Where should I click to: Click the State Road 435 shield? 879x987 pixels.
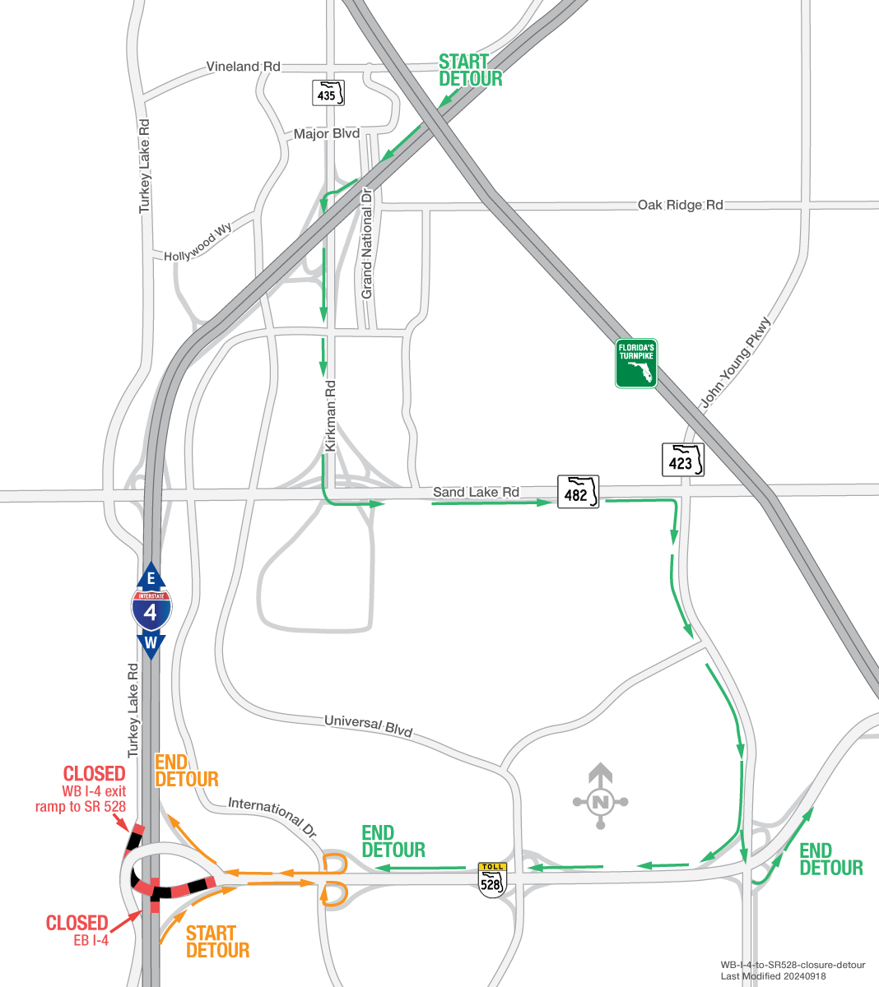[x=328, y=92]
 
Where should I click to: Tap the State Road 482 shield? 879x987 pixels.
[x=578, y=492]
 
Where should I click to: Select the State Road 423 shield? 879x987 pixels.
[x=683, y=460]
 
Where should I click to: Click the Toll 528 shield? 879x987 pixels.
[x=491, y=878]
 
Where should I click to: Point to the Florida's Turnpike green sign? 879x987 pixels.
[x=636, y=364]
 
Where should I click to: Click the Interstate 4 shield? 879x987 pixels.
[x=151, y=609]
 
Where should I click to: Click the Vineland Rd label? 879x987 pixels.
[x=243, y=67]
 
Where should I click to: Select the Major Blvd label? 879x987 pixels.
[x=326, y=133]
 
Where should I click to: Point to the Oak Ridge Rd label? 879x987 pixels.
[x=680, y=205]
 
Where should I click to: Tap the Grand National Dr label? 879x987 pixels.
[x=367, y=243]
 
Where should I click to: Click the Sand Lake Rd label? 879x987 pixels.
[x=476, y=492]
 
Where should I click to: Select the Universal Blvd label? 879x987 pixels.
[x=368, y=725]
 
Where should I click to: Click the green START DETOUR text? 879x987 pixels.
[x=469, y=70]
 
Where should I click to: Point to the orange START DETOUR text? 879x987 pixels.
[x=216, y=942]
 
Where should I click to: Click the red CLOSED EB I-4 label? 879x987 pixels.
[x=77, y=929]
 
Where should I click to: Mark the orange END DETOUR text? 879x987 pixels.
[x=186, y=771]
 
